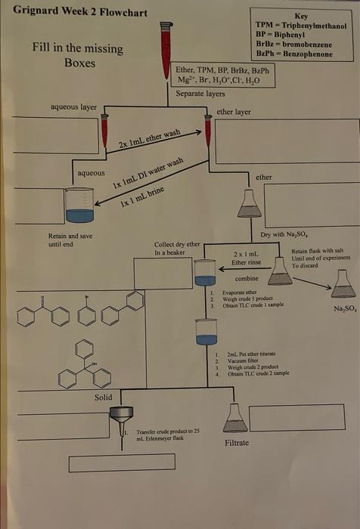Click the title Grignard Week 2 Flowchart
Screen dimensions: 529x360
pos(80,13)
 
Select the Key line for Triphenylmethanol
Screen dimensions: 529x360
pos(301,26)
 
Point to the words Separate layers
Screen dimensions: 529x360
pos(200,94)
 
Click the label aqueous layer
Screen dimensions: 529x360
pos(73,107)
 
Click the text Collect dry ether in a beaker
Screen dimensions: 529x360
pos(177,249)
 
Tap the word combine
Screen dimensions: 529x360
pos(247,279)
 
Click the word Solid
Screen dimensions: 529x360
pos(104,398)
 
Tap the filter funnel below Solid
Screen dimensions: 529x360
pos(121,416)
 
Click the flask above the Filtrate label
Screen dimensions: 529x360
pos(235,418)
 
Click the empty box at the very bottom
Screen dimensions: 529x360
pos(122,462)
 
